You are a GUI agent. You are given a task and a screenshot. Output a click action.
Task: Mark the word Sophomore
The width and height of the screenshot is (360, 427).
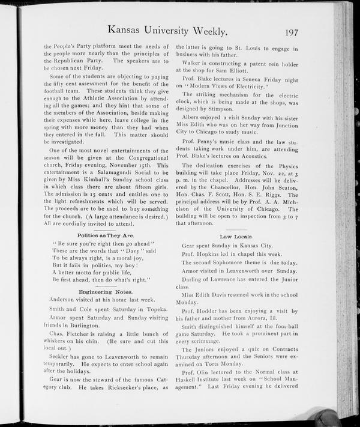click(232, 263)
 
